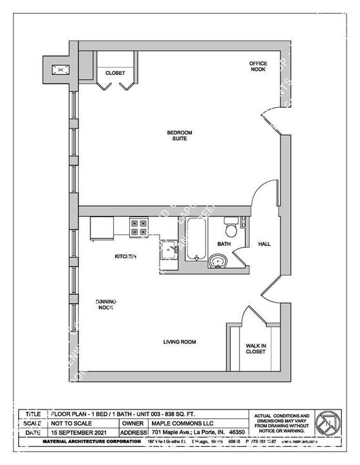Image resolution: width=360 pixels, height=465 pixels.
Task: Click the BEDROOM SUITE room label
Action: pyautogui.click(x=180, y=135)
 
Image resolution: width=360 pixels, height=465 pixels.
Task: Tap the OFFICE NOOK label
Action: pyautogui.click(x=258, y=67)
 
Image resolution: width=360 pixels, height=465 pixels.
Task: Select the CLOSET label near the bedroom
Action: pyautogui.click(x=115, y=73)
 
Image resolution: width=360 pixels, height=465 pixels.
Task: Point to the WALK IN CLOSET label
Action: pyautogui.click(x=256, y=349)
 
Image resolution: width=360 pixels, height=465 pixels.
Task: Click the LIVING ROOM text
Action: pyautogui.click(x=179, y=342)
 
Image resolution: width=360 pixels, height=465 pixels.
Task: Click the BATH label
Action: pyautogui.click(x=224, y=244)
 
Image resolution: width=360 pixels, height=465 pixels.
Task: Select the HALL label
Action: pyautogui.click(x=265, y=244)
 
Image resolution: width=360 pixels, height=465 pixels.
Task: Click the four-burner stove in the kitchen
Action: pyautogui.click(x=139, y=227)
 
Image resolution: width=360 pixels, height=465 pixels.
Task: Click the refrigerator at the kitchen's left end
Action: pyautogui.click(x=102, y=227)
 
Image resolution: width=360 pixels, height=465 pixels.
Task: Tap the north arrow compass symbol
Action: pyautogui.click(x=330, y=424)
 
